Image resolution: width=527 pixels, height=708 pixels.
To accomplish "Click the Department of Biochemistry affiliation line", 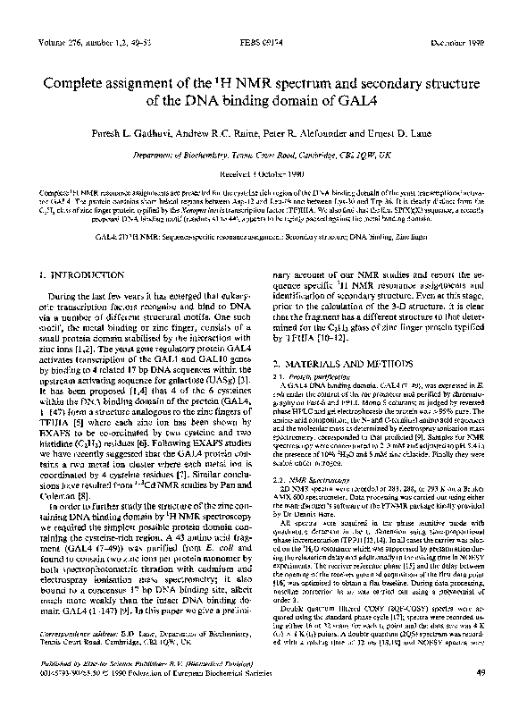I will pos(263,152).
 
